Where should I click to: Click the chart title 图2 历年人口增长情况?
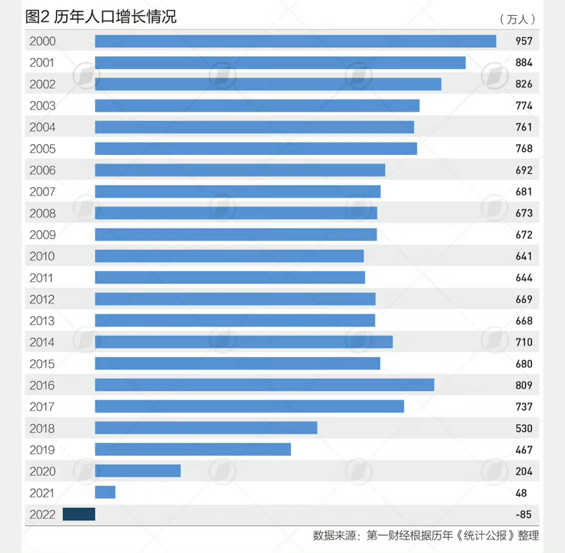pos(101,17)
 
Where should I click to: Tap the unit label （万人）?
pos(518,19)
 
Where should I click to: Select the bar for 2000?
pos(296,41)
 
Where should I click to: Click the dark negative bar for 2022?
pos(79,514)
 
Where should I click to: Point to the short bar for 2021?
pos(105,492)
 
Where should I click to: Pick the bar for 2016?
pos(265,385)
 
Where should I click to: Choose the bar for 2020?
pos(138,471)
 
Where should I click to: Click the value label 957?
pos(524,41)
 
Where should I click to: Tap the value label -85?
pos(523,514)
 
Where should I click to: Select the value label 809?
pos(524,385)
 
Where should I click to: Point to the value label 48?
pos(521,493)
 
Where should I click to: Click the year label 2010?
pos(42,257)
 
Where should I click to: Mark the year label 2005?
pos(42,149)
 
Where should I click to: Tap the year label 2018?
pos(42,429)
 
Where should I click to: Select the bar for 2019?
pos(193,450)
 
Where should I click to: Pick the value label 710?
pos(524,342)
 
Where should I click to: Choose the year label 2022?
pos(42,514)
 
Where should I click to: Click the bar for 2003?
pos(257,106)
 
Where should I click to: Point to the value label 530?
pos(524,429)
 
